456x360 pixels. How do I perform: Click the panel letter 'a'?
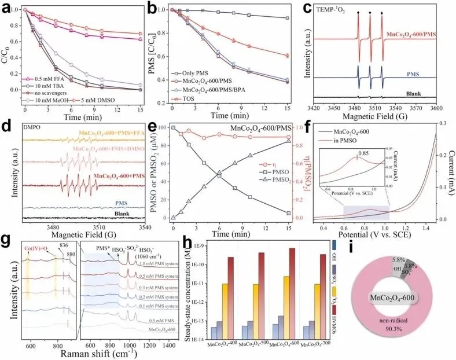coord(8,8)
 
